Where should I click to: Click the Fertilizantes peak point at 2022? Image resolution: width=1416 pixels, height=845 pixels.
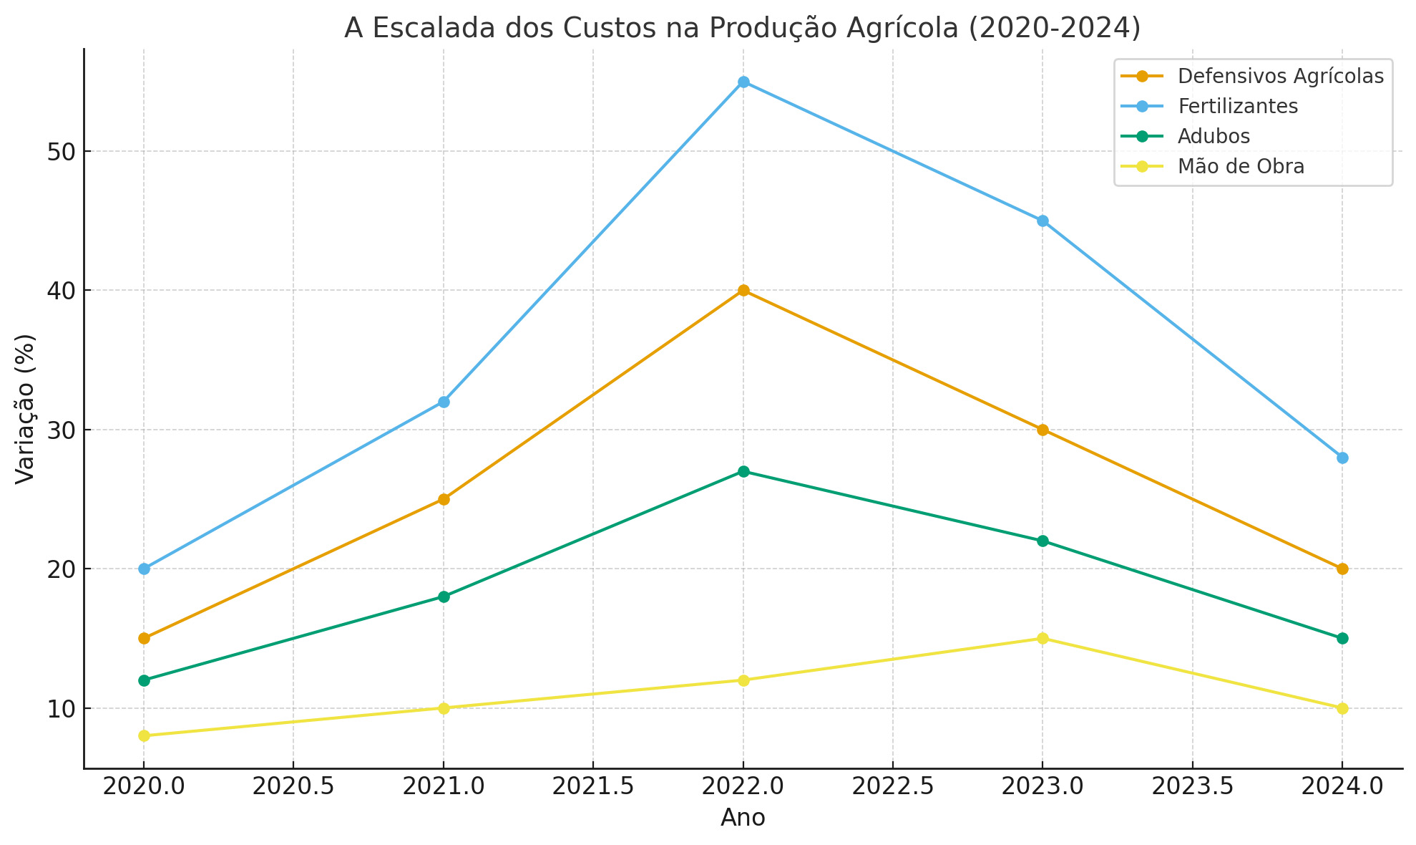click(x=743, y=82)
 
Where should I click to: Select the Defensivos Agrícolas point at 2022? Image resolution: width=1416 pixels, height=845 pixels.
click(x=743, y=290)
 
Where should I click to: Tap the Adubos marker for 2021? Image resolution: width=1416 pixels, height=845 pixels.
click(x=444, y=597)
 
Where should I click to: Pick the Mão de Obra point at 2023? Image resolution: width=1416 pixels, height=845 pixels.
click(x=1043, y=638)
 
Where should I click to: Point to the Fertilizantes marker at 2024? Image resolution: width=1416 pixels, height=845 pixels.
click(x=1342, y=458)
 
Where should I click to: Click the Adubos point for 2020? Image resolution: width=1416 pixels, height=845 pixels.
click(x=144, y=680)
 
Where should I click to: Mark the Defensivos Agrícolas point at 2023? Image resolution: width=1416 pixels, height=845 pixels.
click(x=1043, y=430)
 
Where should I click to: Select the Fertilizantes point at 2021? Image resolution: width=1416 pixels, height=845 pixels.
click(x=444, y=402)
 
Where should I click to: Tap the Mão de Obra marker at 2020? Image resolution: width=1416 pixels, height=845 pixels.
click(x=144, y=735)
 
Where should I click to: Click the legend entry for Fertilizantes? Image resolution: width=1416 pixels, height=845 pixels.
click(x=1237, y=106)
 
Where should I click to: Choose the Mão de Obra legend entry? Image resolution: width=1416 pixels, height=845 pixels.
click(x=1241, y=166)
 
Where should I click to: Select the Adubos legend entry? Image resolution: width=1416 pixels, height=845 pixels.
click(x=1214, y=136)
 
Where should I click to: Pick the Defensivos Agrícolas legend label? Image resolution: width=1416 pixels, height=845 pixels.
click(x=1280, y=76)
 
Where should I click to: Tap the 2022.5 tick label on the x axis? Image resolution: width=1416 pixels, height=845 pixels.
click(x=892, y=787)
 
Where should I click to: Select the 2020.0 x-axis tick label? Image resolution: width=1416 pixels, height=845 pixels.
click(x=144, y=787)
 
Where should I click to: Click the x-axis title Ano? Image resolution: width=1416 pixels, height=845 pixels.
click(x=743, y=818)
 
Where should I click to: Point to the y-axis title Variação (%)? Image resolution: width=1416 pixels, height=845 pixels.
click(x=25, y=409)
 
